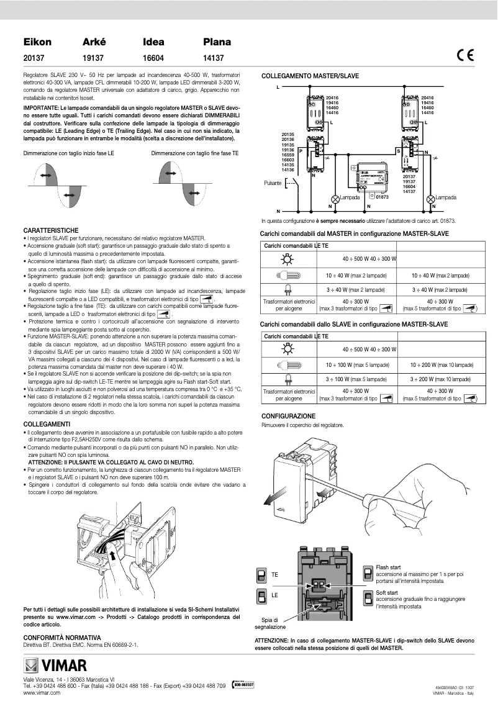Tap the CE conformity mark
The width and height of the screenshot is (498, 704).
point(464,55)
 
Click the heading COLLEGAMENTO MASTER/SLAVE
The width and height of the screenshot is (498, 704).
point(310,76)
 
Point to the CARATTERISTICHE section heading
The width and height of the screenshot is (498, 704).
point(50,230)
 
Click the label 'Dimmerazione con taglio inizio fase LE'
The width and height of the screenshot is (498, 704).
point(68,153)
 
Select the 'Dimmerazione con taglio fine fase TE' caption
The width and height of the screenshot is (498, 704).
point(194,153)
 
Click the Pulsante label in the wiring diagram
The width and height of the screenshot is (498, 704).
point(273,183)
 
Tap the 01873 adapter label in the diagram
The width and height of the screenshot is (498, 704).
point(382,197)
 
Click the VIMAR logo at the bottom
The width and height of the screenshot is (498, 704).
point(55,666)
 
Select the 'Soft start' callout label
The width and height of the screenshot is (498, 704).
point(387,593)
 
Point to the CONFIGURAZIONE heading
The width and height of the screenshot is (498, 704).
point(288,416)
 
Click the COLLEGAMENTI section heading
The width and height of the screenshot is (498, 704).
point(46,423)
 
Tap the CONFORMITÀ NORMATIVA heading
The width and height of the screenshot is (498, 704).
point(61,638)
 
